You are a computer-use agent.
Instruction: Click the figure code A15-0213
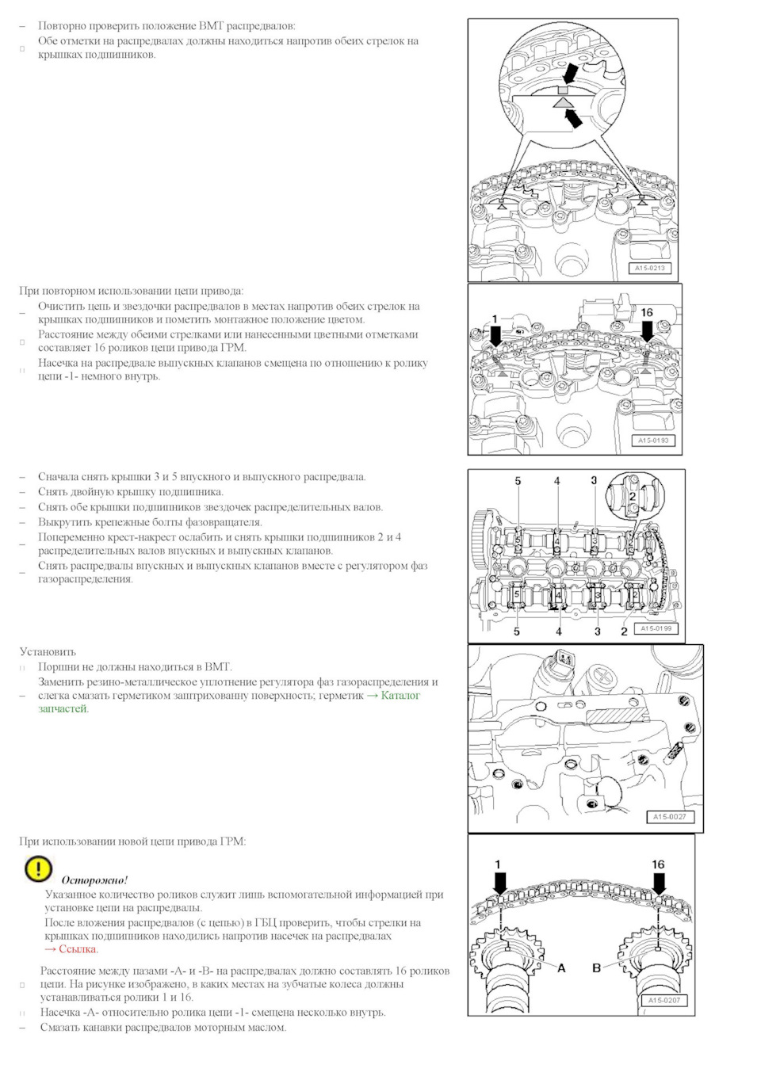tap(650, 268)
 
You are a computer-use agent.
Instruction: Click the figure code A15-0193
tap(653, 441)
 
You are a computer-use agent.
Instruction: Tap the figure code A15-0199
tap(656, 628)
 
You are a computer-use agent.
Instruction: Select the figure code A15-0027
tap(669, 817)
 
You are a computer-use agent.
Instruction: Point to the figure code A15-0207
tap(663, 1001)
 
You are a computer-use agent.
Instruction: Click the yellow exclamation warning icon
tap(38, 869)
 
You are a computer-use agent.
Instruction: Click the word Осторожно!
tap(94, 880)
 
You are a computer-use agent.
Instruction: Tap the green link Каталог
tap(400, 696)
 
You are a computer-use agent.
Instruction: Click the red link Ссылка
tap(78, 949)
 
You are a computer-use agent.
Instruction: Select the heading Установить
tap(48, 652)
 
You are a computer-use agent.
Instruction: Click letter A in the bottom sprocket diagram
tap(561, 968)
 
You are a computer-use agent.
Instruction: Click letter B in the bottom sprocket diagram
tap(596, 968)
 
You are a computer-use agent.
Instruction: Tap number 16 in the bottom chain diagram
tap(658, 864)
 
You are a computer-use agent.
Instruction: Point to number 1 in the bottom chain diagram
tap(498, 864)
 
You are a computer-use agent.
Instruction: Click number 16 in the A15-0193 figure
tap(647, 312)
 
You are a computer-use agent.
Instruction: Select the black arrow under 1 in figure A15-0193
tap(496, 336)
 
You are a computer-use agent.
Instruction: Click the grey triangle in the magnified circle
tap(562, 102)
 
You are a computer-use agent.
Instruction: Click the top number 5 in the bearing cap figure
tap(518, 481)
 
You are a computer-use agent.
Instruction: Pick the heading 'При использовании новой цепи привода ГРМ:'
tap(132, 841)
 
